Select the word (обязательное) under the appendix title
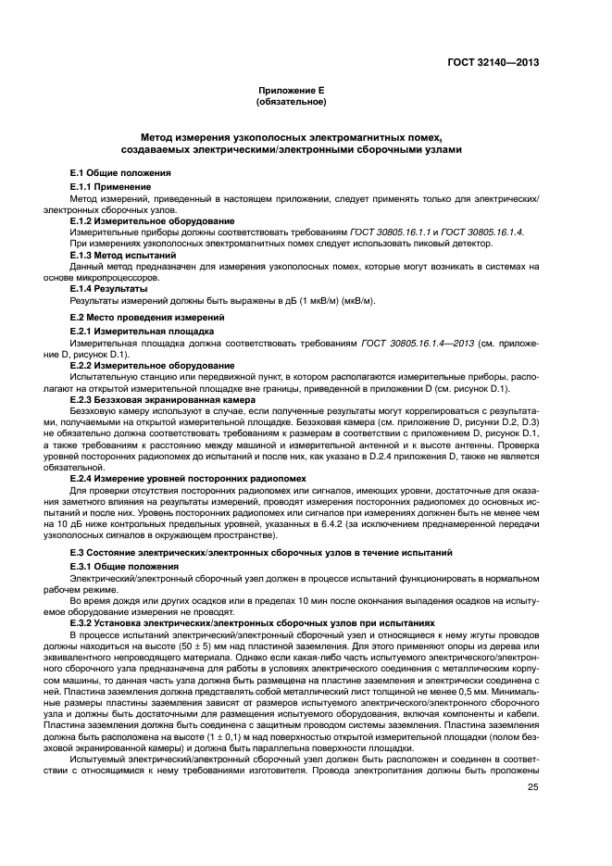(x=292, y=103)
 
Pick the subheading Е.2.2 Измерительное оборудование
(x=140, y=365)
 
